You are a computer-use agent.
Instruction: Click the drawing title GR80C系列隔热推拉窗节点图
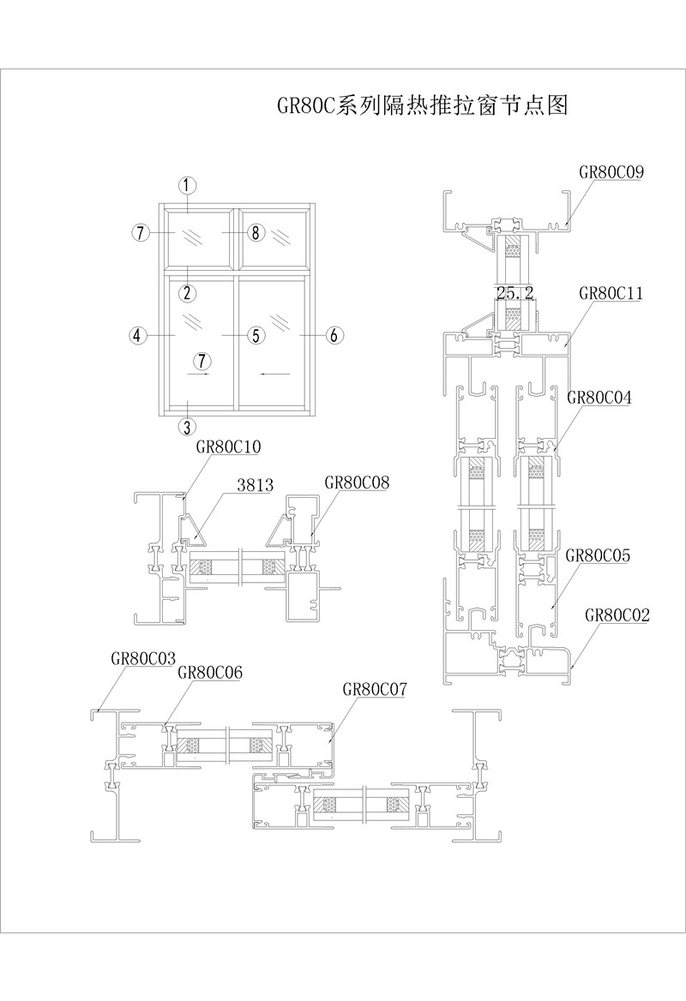pos(422,105)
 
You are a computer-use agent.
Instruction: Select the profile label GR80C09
pos(611,171)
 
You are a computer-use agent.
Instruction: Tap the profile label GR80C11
pos(611,293)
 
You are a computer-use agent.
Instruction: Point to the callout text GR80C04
pos(599,397)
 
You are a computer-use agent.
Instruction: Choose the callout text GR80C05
pos(598,555)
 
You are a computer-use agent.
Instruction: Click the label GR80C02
pos(617,614)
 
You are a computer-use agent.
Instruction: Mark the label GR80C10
pos(229,447)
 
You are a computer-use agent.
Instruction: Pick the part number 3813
pos(255,485)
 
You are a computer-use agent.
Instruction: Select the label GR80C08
pos(357,482)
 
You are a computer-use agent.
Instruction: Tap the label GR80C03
pos(143,658)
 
